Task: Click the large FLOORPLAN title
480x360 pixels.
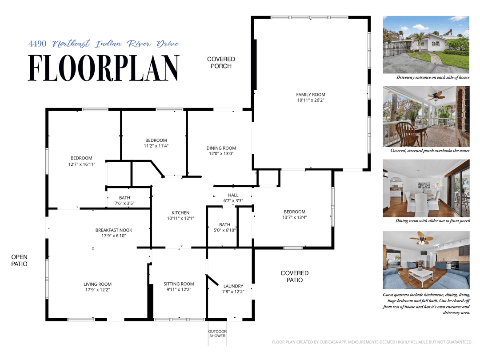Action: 104,68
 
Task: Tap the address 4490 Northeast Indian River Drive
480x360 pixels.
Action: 104,44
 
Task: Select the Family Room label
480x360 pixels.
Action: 311,94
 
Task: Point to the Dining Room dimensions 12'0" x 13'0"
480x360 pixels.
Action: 221,153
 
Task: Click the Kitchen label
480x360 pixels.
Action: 180,213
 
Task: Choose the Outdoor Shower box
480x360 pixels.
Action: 217,334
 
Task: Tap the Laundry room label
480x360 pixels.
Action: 233,286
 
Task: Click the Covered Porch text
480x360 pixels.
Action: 221,63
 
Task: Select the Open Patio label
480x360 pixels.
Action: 19,260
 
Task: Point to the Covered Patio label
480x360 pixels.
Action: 294,276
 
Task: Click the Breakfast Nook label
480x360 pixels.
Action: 114,230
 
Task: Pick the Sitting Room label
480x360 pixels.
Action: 179,284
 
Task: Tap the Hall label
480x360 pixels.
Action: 233,195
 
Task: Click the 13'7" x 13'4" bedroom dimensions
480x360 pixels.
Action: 295,217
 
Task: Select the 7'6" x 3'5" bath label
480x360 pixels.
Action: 124,204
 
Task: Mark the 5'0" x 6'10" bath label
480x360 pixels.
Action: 224,230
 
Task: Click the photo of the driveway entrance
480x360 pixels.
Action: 426,45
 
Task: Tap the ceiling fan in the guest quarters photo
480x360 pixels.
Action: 421,239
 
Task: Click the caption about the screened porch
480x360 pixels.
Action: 430,151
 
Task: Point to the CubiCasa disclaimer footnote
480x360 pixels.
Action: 372,342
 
